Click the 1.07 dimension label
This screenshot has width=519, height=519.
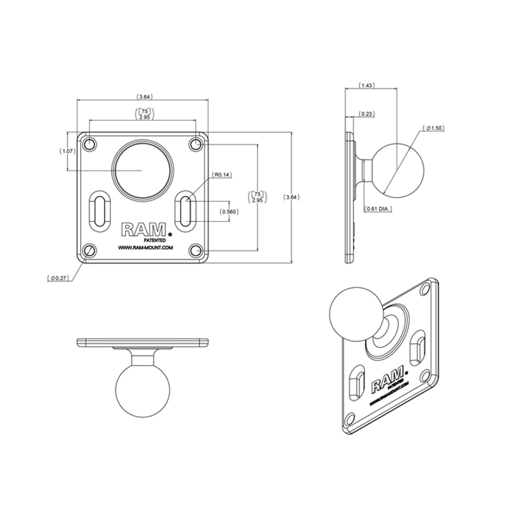click(67, 151)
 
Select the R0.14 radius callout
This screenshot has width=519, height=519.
click(222, 175)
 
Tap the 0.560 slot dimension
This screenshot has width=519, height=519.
click(228, 211)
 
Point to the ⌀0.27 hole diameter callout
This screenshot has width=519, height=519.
click(58, 278)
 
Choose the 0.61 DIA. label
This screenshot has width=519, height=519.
click(378, 208)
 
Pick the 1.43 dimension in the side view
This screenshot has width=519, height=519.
click(367, 86)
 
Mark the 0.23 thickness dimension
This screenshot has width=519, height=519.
click(367, 114)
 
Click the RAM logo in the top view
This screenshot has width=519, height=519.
click(145, 230)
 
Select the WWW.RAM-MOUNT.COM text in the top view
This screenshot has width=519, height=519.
click(144, 247)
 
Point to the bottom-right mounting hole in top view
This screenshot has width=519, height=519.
click(195, 250)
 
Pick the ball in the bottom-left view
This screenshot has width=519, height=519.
click(142, 393)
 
